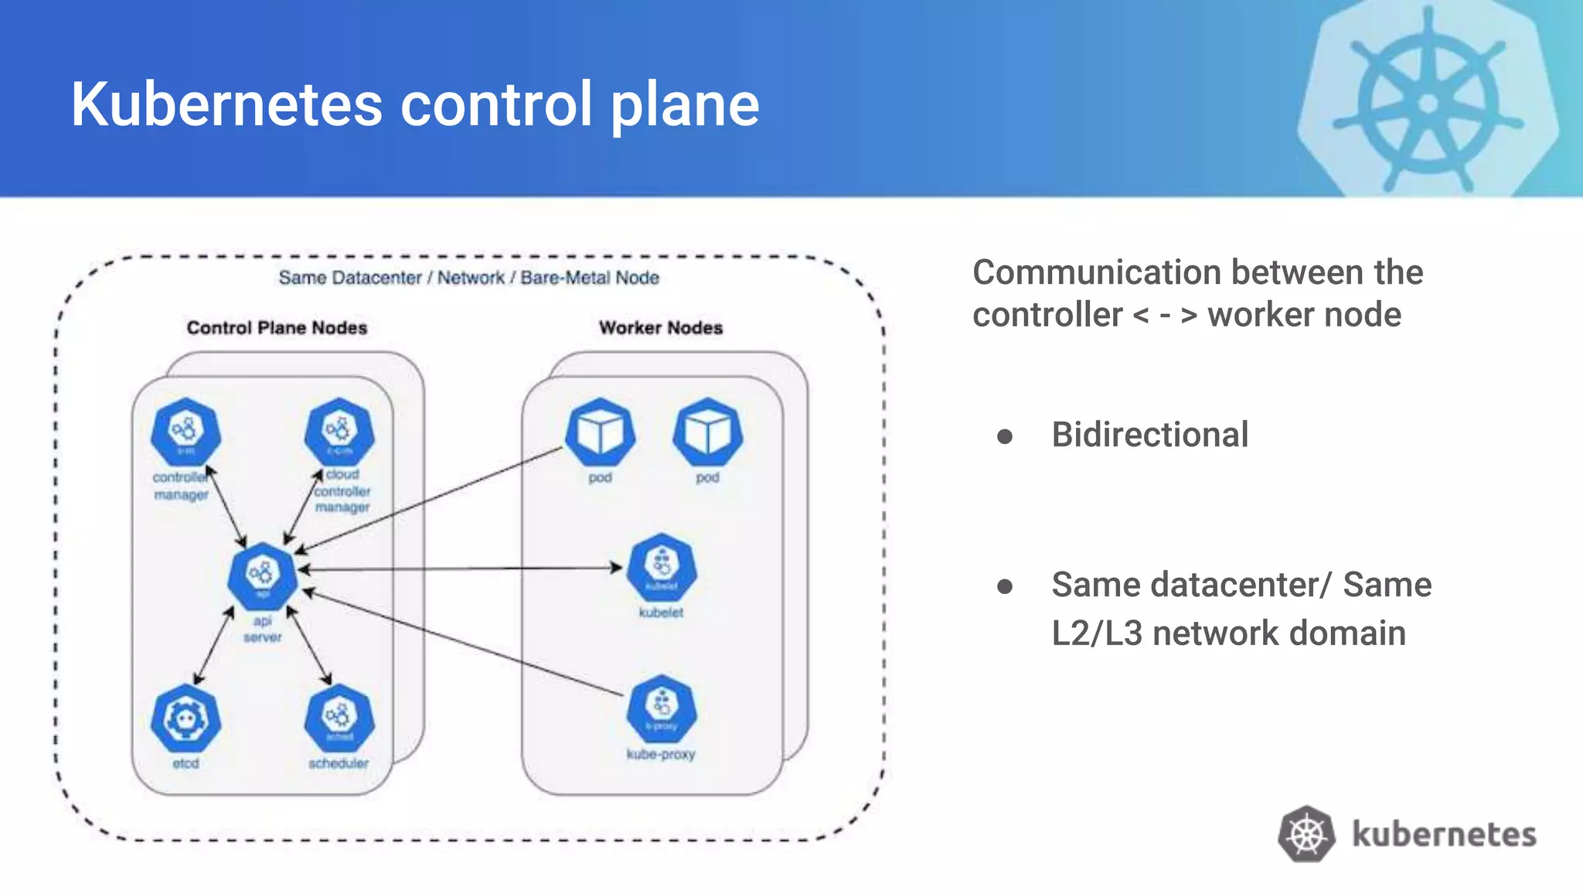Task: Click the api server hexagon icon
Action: (x=263, y=576)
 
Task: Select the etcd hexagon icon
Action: (x=186, y=719)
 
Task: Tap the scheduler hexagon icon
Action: (x=339, y=719)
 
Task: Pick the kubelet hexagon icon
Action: (x=662, y=568)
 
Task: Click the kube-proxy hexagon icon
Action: (x=662, y=709)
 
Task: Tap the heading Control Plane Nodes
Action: (x=277, y=328)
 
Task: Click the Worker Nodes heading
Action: (x=661, y=328)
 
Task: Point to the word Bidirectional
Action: (x=1149, y=435)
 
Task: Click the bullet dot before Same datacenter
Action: (x=1005, y=587)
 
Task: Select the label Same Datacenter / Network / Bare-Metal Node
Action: (x=468, y=278)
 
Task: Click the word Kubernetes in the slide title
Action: (x=226, y=104)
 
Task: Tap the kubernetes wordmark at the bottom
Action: (x=1444, y=835)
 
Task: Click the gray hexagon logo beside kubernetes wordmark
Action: (x=1306, y=834)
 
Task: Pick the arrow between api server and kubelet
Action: (x=464, y=568)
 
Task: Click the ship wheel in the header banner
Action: (x=1428, y=103)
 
